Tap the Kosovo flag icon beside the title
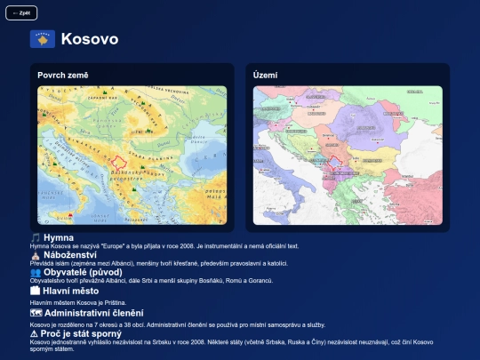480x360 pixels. coord(43,39)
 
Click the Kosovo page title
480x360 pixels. coord(89,39)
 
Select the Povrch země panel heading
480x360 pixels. coord(63,76)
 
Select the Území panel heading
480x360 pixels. coord(266,76)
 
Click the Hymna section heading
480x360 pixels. coord(59,237)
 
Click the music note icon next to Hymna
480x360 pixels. coord(36,237)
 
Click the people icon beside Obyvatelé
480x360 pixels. coord(36,272)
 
